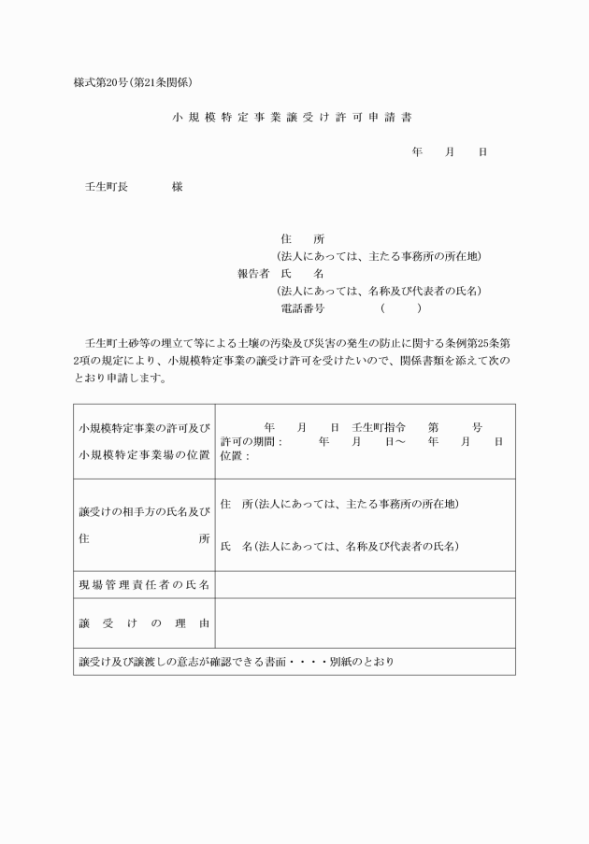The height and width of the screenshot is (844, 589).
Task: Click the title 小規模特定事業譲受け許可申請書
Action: pos(294,119)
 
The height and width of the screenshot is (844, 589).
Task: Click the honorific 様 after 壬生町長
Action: pos(177,186)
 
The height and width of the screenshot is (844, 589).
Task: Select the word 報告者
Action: pos(253,273)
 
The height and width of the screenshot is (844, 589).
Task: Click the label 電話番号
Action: pos(302,308)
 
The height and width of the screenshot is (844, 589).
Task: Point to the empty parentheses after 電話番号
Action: pos(400,308)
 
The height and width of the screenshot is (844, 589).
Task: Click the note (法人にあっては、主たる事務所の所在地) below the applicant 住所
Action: pos(378,256)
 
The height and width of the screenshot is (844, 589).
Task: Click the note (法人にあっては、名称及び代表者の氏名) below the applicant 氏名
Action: pos(378,291)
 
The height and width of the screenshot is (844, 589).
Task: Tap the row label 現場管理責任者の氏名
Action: pos(145,585)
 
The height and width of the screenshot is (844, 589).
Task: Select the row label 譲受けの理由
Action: pos(145,622)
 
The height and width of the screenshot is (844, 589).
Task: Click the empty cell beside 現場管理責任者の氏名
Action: pos(365,585)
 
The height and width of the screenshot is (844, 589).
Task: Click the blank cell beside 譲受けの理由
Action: pos(365,622)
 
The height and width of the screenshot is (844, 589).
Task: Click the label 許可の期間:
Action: pos(251,441)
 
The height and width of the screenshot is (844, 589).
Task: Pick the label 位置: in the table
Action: pos(235,456)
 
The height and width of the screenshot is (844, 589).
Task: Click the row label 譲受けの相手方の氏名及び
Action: pos(145,511)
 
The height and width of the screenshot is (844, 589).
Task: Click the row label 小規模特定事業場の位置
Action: pos(145,455)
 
